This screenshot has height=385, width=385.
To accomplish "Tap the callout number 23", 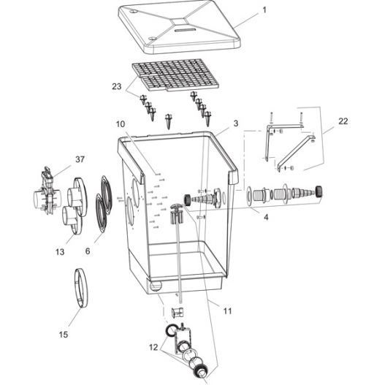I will pyautogui.click(x=116, y=86).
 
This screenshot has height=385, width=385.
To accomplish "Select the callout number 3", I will pyautogui.click(x=235, y=124).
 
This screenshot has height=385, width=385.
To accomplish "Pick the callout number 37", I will pyautogui.click(x=80, y=159).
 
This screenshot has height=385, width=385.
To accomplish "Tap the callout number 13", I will pyautogui.click(x=60, y=251).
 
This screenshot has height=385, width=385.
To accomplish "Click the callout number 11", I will pyautogui.click(x=227, y=310).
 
